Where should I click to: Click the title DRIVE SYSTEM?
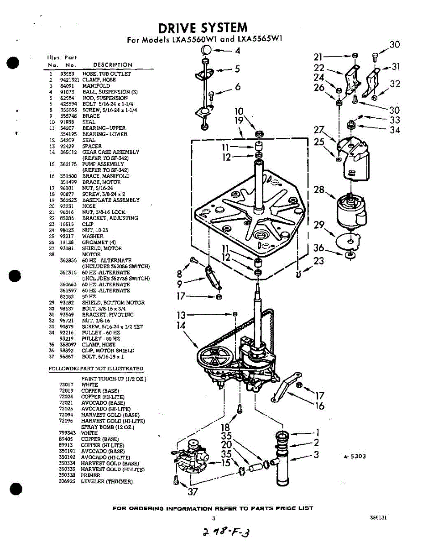pos(203,28)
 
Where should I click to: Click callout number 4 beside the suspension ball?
pos(237,51)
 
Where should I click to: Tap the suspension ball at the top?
pos(206,50)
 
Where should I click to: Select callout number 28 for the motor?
pos(319,189)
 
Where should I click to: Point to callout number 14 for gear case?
pos(181,326)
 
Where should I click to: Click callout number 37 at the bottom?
pos(193,491)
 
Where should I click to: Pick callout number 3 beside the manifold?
pos(316,454)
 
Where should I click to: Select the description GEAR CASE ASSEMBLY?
pos(111,152)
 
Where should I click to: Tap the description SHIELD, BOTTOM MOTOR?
pos(113,302)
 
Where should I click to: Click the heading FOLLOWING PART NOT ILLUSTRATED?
pos(96,369)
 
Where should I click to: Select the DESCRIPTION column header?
pos(112,65)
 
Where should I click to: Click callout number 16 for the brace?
pos(320,406)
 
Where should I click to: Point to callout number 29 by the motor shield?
pos(319,225)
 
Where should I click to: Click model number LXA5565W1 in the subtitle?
pos(258,39)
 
